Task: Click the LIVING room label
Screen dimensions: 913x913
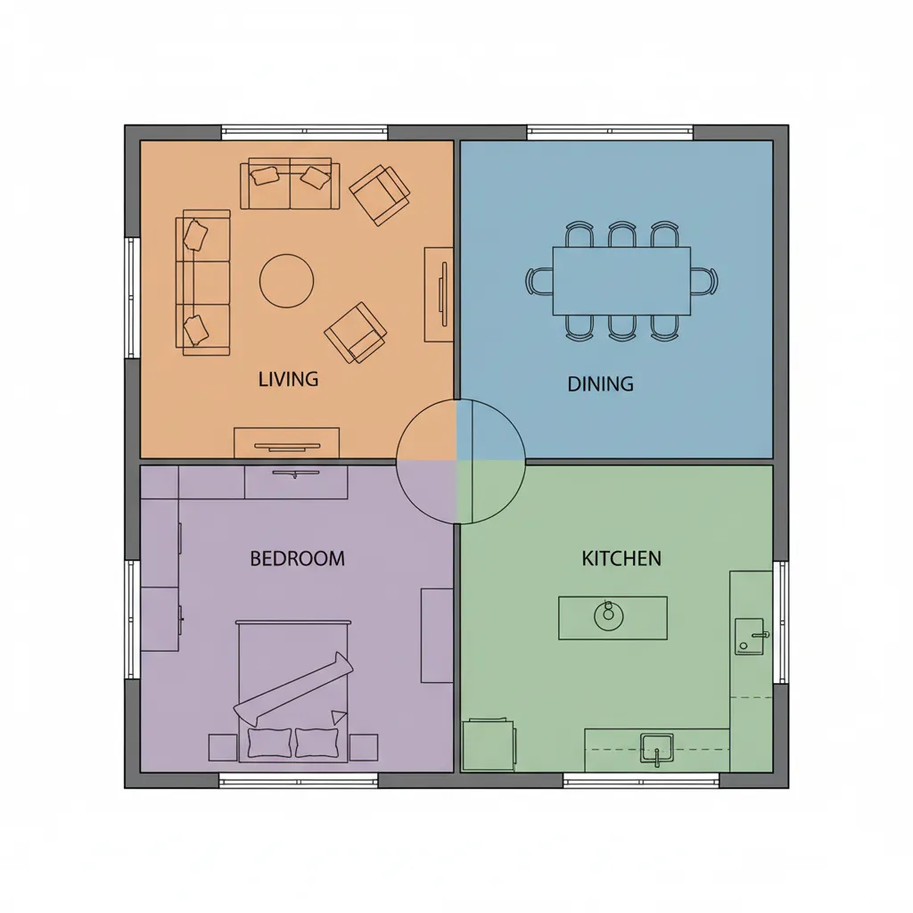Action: point(288,379)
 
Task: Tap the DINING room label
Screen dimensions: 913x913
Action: point(600,383)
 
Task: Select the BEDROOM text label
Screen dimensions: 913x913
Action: point(297,558)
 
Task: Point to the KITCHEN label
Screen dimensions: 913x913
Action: point(621,558)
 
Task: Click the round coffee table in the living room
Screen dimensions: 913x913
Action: point(286,281)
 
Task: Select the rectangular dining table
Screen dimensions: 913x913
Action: point(621,281)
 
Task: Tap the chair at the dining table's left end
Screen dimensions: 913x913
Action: point(539,281)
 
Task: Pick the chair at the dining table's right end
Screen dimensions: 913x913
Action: point(704,281)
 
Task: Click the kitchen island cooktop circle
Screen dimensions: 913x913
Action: point(609,616)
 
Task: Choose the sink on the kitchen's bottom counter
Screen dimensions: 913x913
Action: point(657,748)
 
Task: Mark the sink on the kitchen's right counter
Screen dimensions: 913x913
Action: point(749,637)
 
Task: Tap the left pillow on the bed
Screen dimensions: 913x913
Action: point(269,743)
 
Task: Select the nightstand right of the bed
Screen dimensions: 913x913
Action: point(364,748)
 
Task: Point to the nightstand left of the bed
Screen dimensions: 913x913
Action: point(223,748)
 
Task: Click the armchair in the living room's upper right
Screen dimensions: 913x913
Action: point(379,195)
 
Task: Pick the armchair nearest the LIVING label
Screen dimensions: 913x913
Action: point(355,333)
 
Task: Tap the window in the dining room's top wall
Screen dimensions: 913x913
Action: point(610,133)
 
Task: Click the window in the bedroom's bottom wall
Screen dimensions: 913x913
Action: point(298,780)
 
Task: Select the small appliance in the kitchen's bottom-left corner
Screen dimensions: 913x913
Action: point(489,744)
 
